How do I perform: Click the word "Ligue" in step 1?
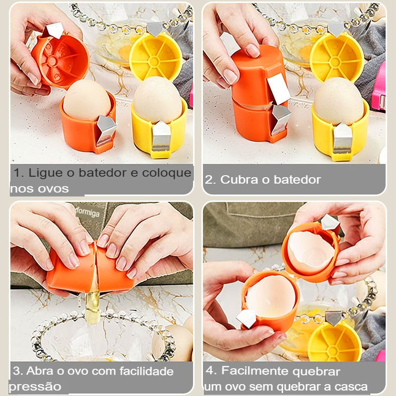42,173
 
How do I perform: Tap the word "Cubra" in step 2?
239,180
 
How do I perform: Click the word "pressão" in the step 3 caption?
35,386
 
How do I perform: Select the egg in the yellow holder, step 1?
158,101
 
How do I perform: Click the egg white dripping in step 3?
93,307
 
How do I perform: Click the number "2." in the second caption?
210,180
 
